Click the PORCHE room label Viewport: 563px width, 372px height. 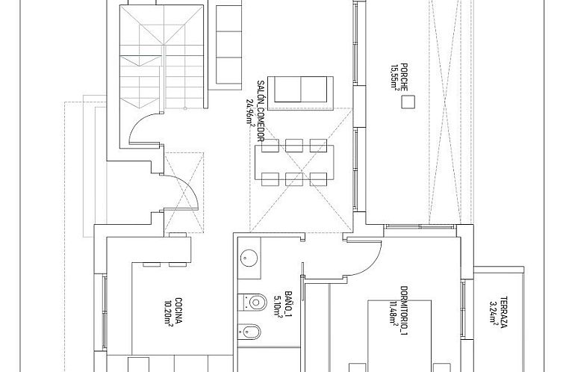coord(404,75)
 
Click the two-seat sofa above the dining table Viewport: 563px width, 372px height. coord(299,89)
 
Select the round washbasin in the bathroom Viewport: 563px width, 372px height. coord(249,258)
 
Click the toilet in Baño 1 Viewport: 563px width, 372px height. coord(253,303)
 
